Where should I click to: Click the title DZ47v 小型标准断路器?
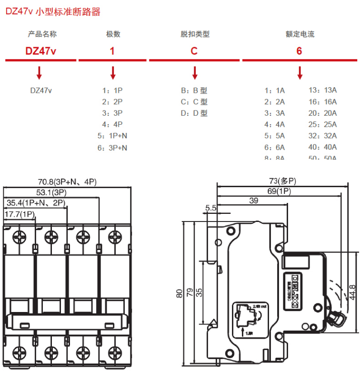[53, 12]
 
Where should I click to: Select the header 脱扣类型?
[195, 34]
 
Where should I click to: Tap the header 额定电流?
[300, 34]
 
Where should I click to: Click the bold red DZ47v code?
[41, 50]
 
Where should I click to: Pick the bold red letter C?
[194, 50]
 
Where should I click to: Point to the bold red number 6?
[299, 50]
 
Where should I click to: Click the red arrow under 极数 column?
[113, 73]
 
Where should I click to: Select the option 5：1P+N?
[112, 136]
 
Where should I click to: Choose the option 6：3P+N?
[112, 148]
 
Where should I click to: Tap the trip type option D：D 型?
[194, 113]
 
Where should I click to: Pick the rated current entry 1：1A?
[275, 90]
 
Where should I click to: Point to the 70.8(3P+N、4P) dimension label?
[67, 181]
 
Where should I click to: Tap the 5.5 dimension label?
[211, 208]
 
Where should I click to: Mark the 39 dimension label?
[254, 201]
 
